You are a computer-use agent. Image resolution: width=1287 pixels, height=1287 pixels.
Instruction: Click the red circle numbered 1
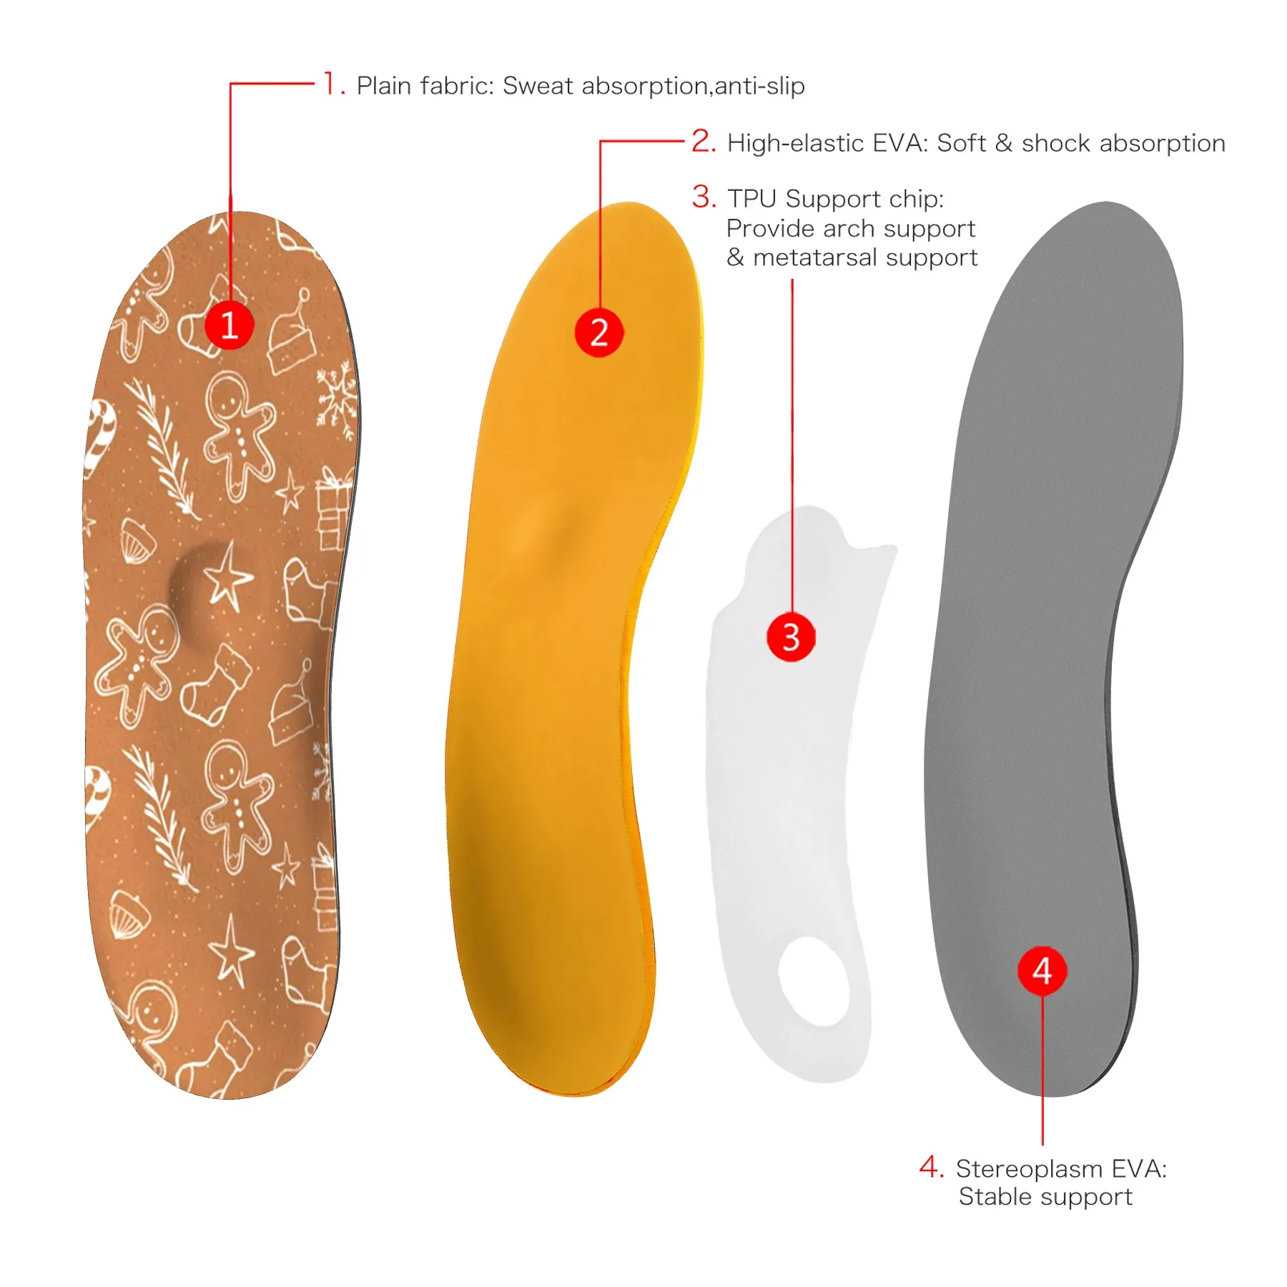[230, 325]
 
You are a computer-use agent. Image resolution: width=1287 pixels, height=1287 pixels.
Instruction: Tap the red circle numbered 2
[599, 332]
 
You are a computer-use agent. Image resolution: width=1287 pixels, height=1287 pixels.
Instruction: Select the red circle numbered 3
[792, 636]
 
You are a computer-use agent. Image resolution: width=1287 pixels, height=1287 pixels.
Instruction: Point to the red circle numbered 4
[1042, 971]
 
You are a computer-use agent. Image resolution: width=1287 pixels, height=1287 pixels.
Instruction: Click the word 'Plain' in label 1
[385, 86]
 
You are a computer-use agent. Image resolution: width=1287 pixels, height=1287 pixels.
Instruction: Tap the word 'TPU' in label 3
[752, 199]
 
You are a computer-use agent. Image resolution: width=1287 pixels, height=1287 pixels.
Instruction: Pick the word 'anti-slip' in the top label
[759, 86]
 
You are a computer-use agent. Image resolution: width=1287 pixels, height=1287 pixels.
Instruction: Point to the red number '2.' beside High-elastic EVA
[704, 142]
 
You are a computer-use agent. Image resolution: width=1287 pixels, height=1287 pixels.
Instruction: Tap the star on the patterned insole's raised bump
[227, 577]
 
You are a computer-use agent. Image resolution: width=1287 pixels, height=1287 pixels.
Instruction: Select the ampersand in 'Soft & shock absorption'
[1003, 143]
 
